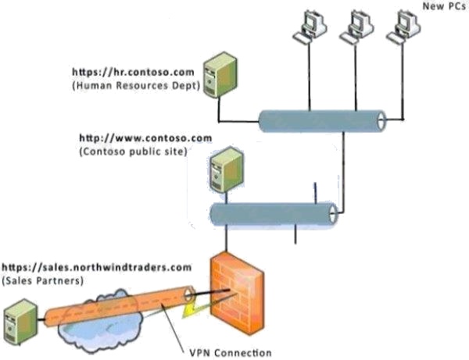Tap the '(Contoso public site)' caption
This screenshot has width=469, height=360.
pyautogui.click(x=132, y=151)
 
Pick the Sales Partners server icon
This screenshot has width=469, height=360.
pyautogui.click(x=17, y=324)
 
